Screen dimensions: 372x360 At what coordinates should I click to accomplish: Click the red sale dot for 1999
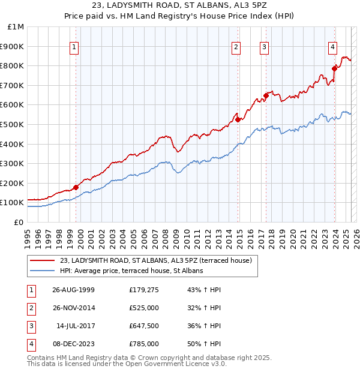tap(76, 187)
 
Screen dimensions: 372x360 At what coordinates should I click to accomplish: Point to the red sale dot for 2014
tap(238, 119)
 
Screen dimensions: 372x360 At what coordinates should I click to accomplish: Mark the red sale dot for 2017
tap(266, 95)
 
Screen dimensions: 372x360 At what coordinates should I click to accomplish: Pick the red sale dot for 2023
tap(334, 68)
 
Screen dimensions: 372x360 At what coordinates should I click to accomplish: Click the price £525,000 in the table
tap(144, 308)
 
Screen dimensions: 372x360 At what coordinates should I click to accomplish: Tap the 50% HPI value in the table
tap(204, 344)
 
